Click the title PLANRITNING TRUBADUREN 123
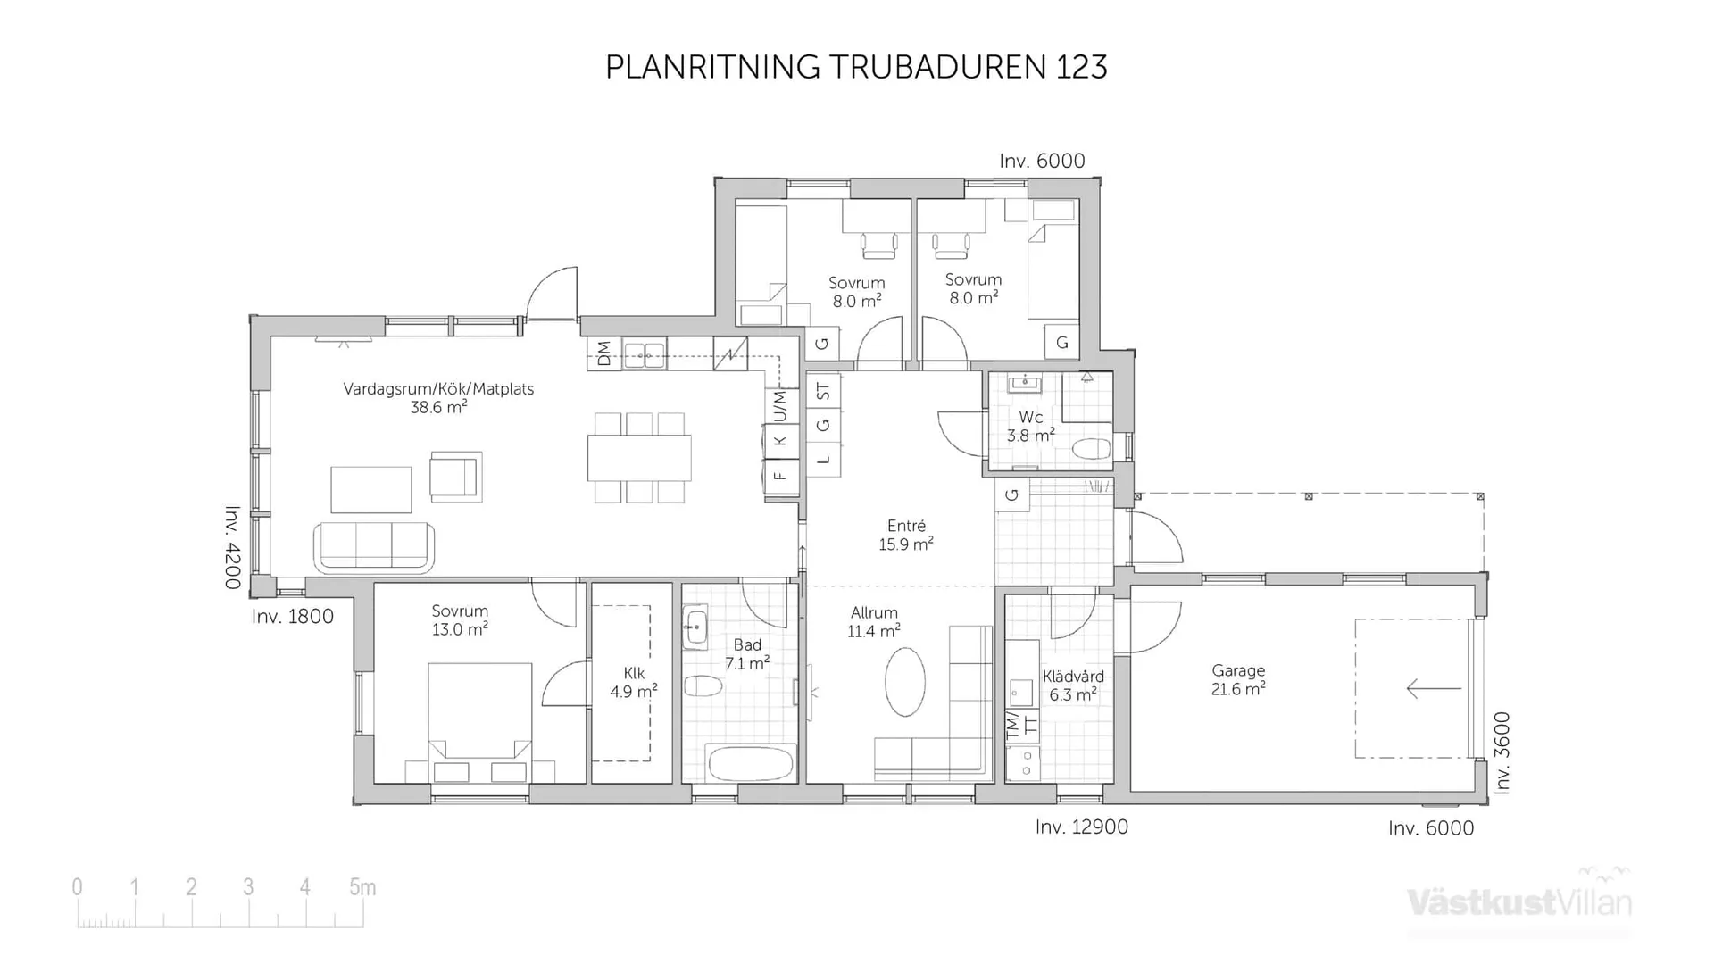(x=856, y=67)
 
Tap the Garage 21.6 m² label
(x=1238, y=679)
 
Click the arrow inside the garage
(x=1433, y=688)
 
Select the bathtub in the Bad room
(x=750, y=764)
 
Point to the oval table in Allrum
(x=905, y=682)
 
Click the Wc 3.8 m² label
(x=1030, y=427)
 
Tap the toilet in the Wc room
(x=1091, y=448)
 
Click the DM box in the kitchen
(x=603, y=353)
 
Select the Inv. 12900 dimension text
(x=1081, y=827)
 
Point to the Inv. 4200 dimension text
(x=232, y=547)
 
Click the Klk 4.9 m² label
(x=633, y=682)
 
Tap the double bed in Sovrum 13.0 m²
(x=479, y=714)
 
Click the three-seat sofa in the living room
(x=373, y=546)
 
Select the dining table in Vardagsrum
(x=638, y=458)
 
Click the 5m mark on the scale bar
(x=362, y=887)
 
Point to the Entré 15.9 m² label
(x=905, y=535)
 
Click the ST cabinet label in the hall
(x=823, y=391)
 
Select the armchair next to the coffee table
(x=455, y=475)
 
